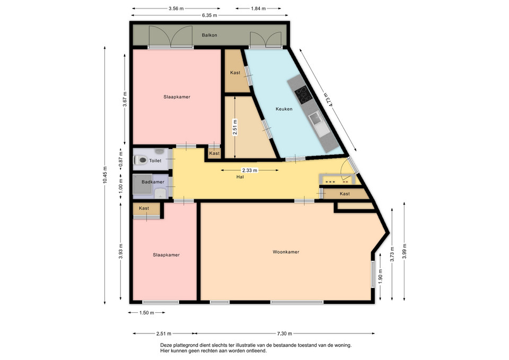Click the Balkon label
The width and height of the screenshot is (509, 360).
[x=209, y=35]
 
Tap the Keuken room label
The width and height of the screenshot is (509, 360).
[x=284, y=109]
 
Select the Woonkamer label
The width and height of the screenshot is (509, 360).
[x=286, y=252]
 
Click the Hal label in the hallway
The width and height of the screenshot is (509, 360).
[x=240, y=177]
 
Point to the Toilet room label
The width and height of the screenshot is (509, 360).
[x=155, y=161]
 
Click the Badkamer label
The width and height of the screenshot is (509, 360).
[x=153, y=182]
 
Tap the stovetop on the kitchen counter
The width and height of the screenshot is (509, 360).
[x=303, y=95]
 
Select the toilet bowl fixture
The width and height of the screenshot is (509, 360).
[x=141, y=160]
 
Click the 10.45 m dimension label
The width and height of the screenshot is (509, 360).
[x=105, y=175]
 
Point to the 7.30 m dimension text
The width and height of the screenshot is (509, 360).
[x=284, y=333]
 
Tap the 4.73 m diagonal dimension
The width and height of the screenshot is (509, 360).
[x=328, y=100]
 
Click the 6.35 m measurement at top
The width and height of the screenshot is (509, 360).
[x=209, y=15]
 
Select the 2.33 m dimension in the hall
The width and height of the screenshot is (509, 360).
[x=250, y=170]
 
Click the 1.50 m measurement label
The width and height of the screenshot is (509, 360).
[x=146, y=313]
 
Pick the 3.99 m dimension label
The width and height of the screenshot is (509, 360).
[x=404, y=251]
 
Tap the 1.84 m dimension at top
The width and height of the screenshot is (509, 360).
[x=258, y=8]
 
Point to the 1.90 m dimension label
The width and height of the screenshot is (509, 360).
[x=381, y=276]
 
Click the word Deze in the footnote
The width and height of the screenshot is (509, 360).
[x=166, y=345]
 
